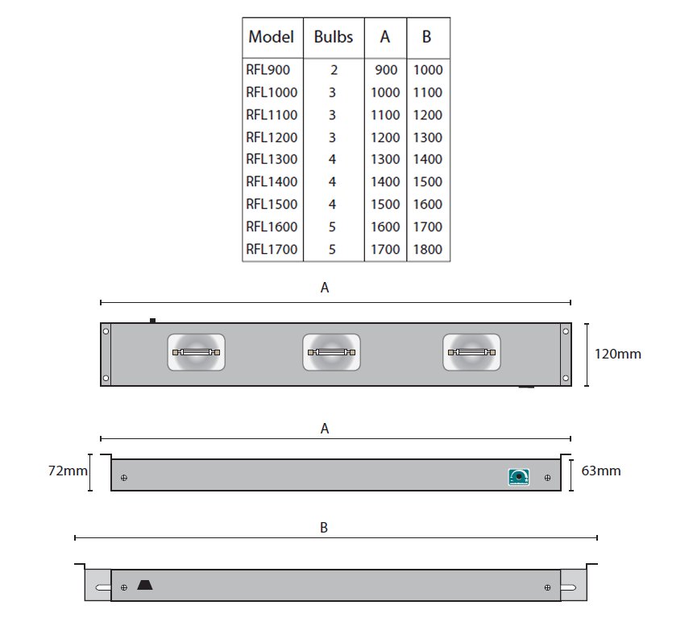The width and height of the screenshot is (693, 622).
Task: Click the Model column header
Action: (271, 37)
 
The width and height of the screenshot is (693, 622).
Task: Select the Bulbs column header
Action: (334, 37)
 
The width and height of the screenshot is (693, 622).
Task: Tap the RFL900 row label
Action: (268, 70)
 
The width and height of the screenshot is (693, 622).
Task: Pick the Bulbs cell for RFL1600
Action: (332, 227)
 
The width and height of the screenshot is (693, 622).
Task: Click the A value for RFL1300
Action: (385, 160)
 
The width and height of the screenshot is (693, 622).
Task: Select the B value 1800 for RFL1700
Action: (427, 250)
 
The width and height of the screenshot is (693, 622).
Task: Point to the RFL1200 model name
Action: (272, 138)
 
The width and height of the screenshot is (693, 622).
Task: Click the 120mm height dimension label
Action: (617, 354)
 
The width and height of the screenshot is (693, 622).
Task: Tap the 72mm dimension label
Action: (68, 471)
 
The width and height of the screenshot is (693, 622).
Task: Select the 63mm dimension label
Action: (600, 471)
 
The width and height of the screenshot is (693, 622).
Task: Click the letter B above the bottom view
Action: (324, 528)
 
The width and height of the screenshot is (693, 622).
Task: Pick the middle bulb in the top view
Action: (331, 352)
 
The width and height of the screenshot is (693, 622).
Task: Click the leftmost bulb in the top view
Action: (197, 352)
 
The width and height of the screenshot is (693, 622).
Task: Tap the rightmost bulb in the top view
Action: (471, 352)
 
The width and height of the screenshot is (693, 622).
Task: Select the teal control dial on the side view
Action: (519, 477)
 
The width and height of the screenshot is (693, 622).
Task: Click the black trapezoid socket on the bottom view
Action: (144, 585)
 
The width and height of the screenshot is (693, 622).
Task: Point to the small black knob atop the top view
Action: (152, 321)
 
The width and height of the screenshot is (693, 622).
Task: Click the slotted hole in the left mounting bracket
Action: (103, 587)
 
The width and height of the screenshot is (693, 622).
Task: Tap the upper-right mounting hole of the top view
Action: (565, 331)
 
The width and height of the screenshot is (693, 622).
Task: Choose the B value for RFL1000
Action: (427, 93)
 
